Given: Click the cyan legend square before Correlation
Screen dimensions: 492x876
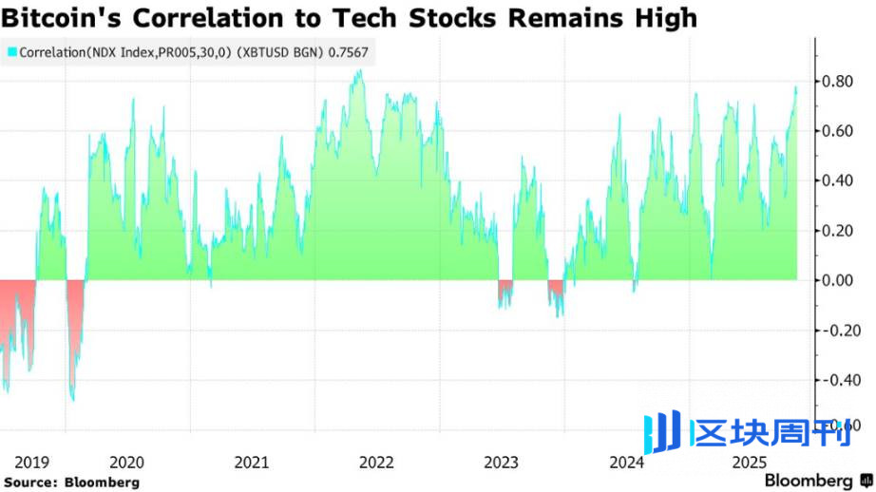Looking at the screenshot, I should [11, 53].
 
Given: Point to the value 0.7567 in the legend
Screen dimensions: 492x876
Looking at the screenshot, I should [349, 53].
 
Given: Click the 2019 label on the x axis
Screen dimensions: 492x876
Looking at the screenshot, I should [33, 463].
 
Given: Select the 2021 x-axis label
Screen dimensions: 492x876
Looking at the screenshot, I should [252, 463].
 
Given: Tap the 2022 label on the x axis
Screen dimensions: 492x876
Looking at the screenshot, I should [377, 463].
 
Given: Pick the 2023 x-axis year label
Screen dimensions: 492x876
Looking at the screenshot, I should [502, 463].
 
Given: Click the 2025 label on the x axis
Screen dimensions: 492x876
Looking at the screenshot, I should [751, 463].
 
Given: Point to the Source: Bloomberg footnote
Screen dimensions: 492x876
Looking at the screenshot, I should [71, 483].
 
